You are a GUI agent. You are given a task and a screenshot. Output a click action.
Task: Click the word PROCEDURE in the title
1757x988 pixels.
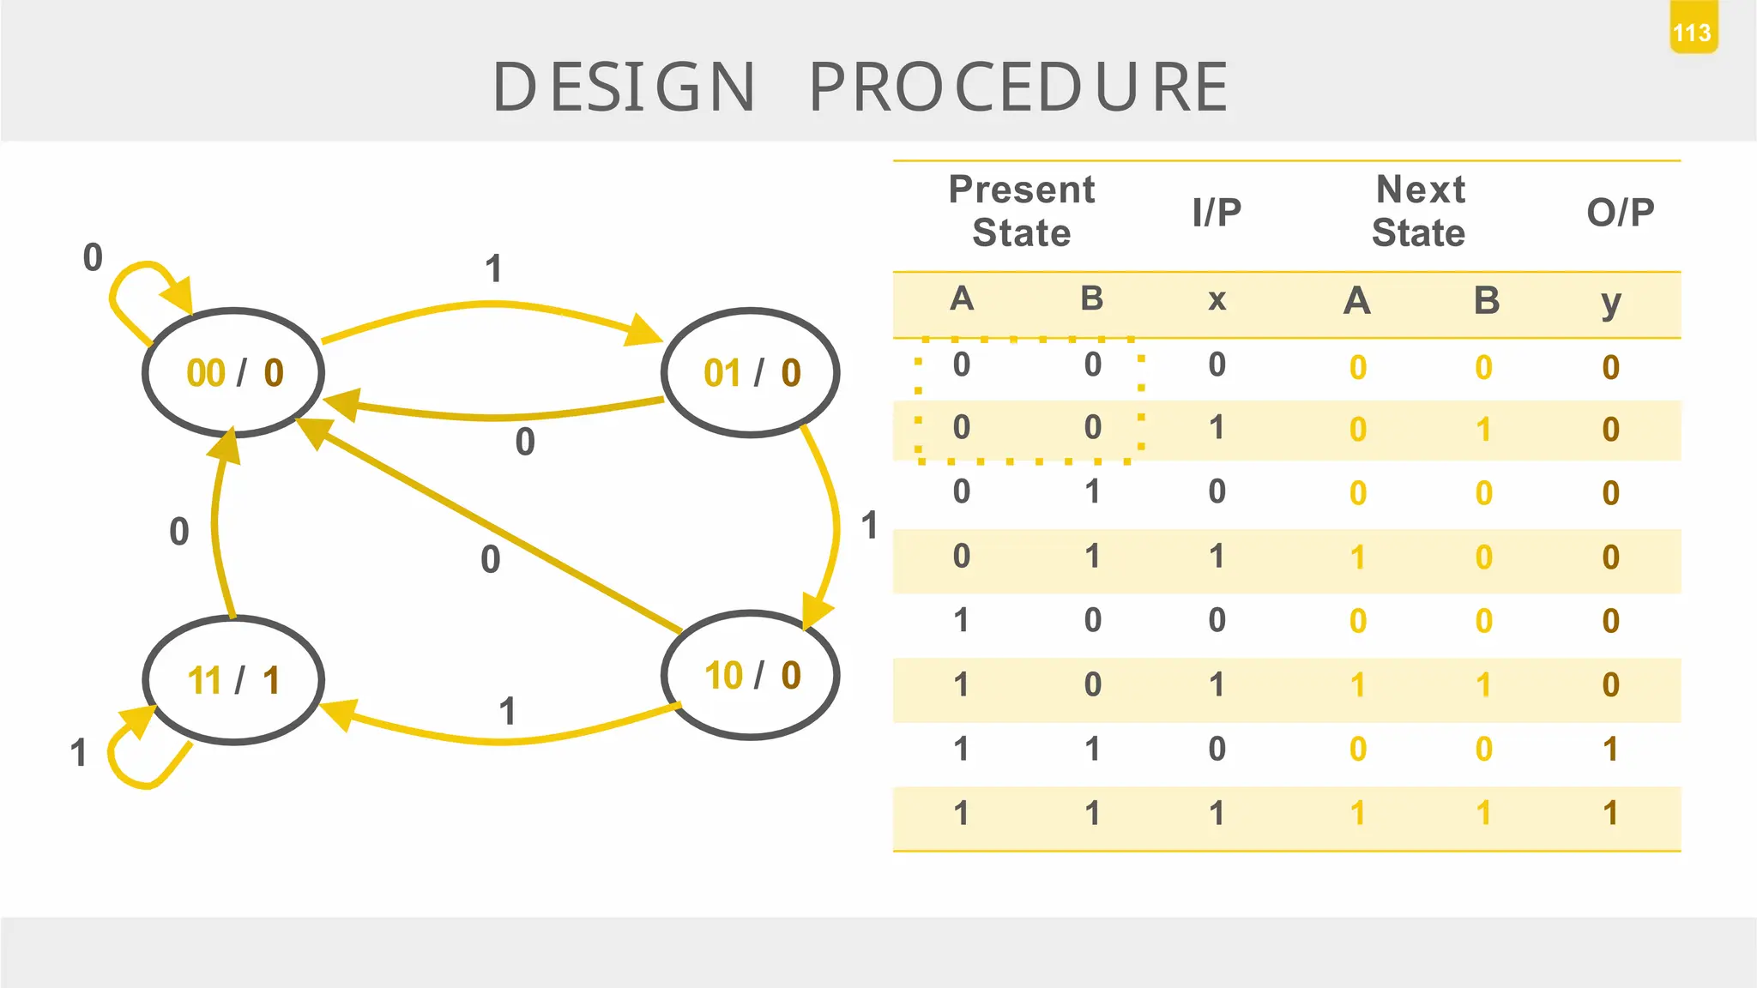[x=1018, y=87]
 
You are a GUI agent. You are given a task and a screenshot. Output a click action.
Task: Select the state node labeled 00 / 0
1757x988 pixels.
[x=233, y=373]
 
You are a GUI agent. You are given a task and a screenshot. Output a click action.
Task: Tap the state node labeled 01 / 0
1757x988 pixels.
[x=751, y=373]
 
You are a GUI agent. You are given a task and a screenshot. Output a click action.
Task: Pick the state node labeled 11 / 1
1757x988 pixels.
[x=233, y=680]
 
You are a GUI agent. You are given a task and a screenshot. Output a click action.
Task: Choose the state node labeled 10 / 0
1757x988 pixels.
[x=751, y=675]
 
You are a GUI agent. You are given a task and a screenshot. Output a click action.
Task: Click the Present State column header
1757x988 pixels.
[x=1021, y=211]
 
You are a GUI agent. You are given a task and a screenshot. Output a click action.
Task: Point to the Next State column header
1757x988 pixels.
[x=1419, y=211]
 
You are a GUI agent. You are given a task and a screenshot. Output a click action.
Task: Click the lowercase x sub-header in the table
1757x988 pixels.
[x=1217, y=300]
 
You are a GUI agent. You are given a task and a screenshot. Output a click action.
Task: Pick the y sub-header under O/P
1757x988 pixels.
[x=1611, y=302]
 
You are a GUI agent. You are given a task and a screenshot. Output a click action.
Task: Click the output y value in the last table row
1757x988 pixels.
[x=1610, y=813]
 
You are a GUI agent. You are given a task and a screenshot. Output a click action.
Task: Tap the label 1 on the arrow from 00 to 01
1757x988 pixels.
[x=493, y=269]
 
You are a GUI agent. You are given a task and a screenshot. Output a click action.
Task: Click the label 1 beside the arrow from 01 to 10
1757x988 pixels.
[x=869, y=525]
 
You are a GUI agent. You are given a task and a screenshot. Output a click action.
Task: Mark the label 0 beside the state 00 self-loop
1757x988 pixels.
[x=93, y=257]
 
